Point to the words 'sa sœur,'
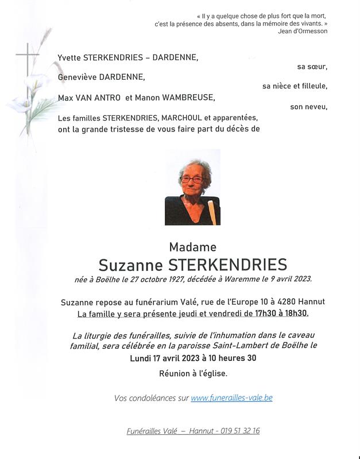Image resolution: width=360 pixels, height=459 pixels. [x=312, y=67]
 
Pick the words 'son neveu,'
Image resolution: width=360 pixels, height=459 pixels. [x=308, y=107]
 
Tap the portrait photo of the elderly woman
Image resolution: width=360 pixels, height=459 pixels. [x=192, y=187]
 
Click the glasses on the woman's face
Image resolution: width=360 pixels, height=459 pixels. [x=191, y=180]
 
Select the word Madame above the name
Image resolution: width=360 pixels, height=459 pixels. [x=193, y=247]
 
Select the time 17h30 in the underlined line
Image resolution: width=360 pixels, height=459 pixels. [x=254, y=314]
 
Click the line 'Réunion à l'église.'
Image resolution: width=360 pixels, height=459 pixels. [x=193, y=374]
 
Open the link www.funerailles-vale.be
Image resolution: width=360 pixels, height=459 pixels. [x=231, y=398]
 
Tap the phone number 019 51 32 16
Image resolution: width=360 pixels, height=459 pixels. [x=240, y=431]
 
